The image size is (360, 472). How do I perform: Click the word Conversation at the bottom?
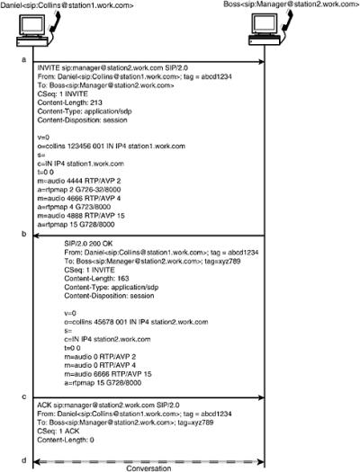click(145, 468)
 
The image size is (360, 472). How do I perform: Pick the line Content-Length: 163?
click(97, 278)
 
